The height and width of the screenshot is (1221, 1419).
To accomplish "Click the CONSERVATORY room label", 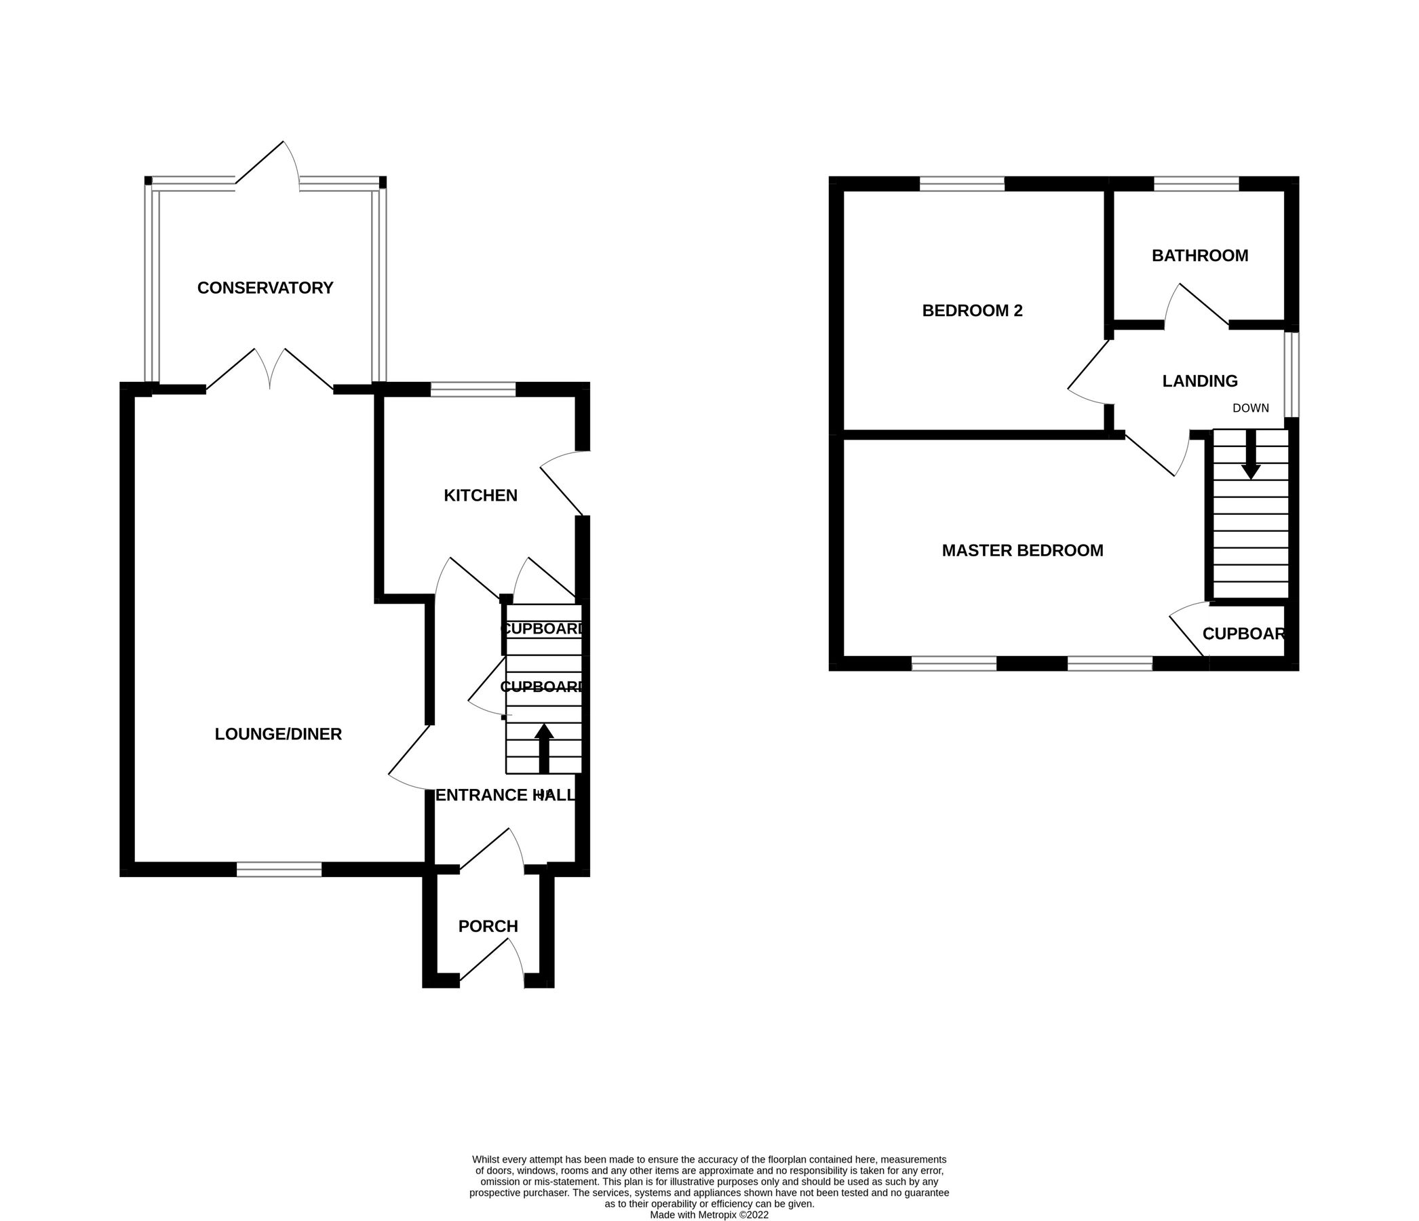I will pyautogui.click(x=265, y=288).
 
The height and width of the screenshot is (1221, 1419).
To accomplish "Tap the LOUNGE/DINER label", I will pyautogui.click(x=278, y=734).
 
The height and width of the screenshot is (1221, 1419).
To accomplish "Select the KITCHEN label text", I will pyautogui.click(x=480, y=495).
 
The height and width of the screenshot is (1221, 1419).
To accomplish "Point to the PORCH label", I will pyautogui.click(x=488, y=926).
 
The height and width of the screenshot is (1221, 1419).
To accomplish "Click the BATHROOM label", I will pyautogui.click(x=1200, y=256).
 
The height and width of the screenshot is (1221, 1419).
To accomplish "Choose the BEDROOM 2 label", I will pyautogui.click(x=972, y=311).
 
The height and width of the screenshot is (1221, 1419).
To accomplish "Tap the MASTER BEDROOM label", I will pyautogui.click(x=1022, y=551).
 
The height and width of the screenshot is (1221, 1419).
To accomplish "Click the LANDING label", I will pyautogui.click(x=1200, y=381).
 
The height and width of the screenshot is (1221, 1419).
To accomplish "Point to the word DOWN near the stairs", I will pyautogui.click(x=1251, y=409).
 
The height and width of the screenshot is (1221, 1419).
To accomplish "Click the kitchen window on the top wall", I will pyautogui.click(x=473, y=389).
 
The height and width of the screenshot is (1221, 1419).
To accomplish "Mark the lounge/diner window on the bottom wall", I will pyautogui.click(x=279, y=870).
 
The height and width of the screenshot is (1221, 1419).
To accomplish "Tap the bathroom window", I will pyautogui.click(x=1197, y=184).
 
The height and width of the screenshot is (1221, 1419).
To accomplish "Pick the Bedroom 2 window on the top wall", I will pyautogui.click(x=962, y=184).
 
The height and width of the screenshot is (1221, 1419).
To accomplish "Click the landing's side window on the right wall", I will pyautogui.click(x=1291, y=374).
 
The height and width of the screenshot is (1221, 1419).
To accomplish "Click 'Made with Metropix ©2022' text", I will pyautogui.click(x=709, y=1215).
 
